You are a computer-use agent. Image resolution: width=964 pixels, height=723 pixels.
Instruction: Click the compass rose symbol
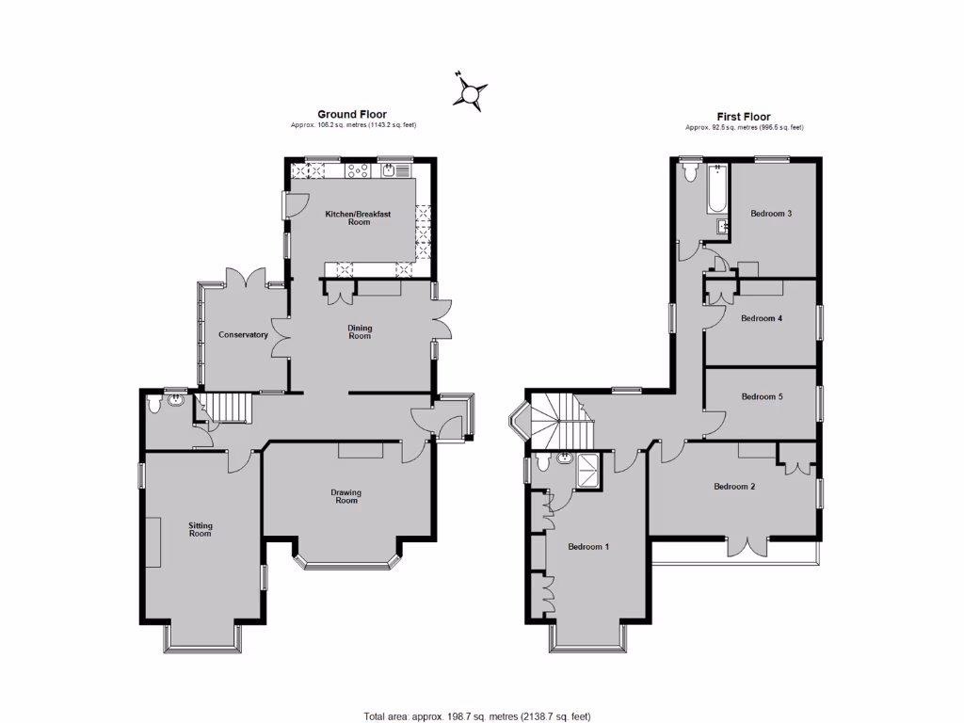471,91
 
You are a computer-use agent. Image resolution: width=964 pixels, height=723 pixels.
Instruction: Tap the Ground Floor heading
352,115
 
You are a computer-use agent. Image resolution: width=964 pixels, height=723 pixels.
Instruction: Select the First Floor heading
744,117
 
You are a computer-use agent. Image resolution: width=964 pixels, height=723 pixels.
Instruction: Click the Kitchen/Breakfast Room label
358,218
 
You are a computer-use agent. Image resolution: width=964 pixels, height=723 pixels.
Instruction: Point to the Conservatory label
243,335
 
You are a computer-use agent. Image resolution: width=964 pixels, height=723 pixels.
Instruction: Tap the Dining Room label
360,331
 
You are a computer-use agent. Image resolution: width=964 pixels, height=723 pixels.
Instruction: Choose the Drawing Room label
345,496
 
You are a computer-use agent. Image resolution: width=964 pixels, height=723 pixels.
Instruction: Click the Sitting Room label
200,529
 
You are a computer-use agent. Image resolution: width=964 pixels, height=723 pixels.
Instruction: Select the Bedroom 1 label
587,546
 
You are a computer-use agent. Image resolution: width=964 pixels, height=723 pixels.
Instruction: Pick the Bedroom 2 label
734,487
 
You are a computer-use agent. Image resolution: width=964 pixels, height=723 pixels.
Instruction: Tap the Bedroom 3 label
770,214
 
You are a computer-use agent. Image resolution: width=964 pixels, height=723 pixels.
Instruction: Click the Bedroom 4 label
762,318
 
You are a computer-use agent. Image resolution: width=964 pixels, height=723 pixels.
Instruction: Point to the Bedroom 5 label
762,397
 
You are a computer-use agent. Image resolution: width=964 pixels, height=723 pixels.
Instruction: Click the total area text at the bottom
477,716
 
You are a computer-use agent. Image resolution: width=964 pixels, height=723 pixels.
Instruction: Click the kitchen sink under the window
397,171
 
